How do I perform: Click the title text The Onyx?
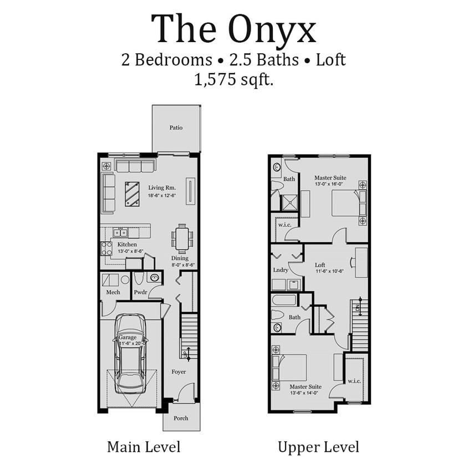coord(233,29)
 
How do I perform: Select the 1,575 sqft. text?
coord(233,79)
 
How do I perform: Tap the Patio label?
coord(176,128)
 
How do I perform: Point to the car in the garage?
coord(130,353)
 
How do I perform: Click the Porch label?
coord(181,418)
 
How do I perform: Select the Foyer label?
coord(179,372)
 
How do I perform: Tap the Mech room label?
coord(113,292)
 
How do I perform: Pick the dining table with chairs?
coord(182,238)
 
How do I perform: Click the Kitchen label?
coord(127,245)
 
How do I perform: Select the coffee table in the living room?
coord(133,194)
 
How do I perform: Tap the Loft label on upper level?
coord(320,265)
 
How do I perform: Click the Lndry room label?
coord(281,270)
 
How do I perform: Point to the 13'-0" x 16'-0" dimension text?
coord(330,184)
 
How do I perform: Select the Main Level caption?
coord(144,447)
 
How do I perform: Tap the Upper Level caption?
coord(318,447)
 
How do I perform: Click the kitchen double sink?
coord(120,233)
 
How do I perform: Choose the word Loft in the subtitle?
coord(331,60)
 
